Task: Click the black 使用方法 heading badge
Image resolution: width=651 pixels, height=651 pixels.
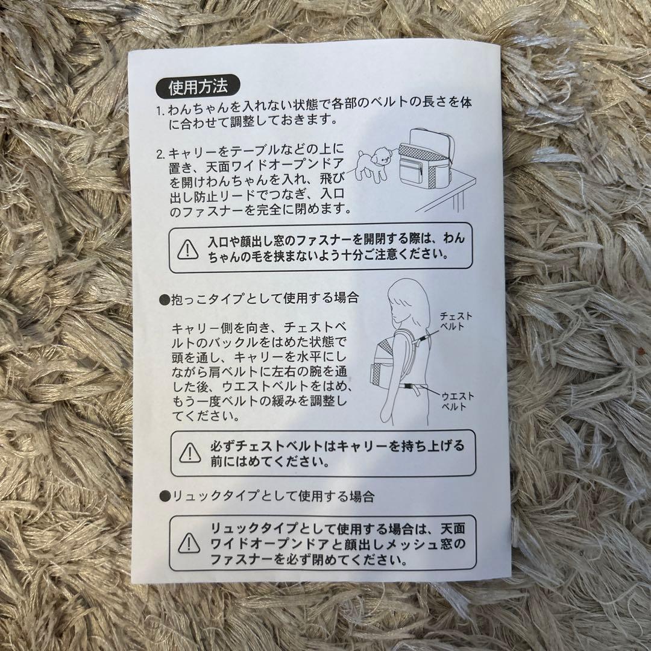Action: [198, 88]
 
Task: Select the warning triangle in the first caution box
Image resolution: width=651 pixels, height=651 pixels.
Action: [189, 248]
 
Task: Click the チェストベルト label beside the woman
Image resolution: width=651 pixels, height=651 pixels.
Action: [456, 321]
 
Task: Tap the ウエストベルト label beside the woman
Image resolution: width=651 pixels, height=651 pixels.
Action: [458, 400]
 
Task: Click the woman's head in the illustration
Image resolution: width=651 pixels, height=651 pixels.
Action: [405, 299]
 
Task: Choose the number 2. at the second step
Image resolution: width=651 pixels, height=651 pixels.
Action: [160, 154]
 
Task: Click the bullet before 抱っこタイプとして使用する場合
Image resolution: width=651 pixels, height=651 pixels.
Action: [163, 298]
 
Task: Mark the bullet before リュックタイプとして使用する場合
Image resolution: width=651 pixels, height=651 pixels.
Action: [163, 496]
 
